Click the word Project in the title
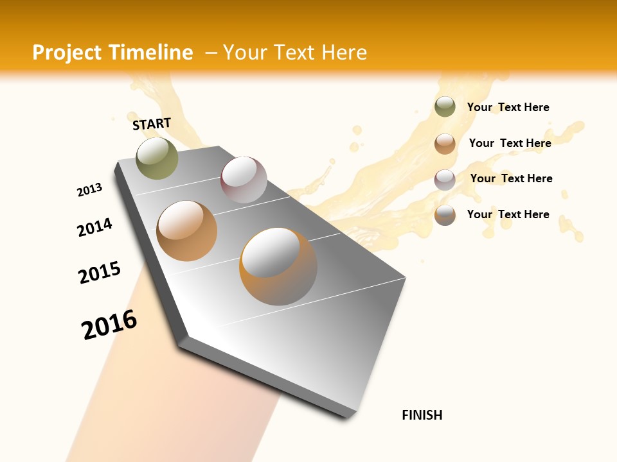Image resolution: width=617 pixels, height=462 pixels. [67, 53]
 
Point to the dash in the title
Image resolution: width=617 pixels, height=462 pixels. [211, 53]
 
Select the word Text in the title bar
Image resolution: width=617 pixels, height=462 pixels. [294, 53]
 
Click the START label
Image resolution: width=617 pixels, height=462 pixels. [152, 124]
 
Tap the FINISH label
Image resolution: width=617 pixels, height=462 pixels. [422, 415]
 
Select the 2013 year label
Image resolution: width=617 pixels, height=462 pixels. [89, 190]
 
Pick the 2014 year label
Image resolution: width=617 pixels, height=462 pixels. [94, 227]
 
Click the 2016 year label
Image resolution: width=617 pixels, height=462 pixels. [109, 325]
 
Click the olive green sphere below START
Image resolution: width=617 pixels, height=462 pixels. [157, 158]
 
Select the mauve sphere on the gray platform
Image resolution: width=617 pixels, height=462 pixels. [244, 180]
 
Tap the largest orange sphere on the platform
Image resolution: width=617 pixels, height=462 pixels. [278, 266]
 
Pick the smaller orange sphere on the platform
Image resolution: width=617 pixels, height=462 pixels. [186, 231]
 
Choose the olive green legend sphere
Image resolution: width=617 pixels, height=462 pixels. [445, 107]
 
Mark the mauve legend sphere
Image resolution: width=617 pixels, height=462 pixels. [445, 180]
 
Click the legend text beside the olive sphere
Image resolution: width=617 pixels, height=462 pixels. [508, 107]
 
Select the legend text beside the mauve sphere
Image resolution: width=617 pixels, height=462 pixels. [511, 178]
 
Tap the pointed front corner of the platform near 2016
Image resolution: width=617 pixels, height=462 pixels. [183, 340]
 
